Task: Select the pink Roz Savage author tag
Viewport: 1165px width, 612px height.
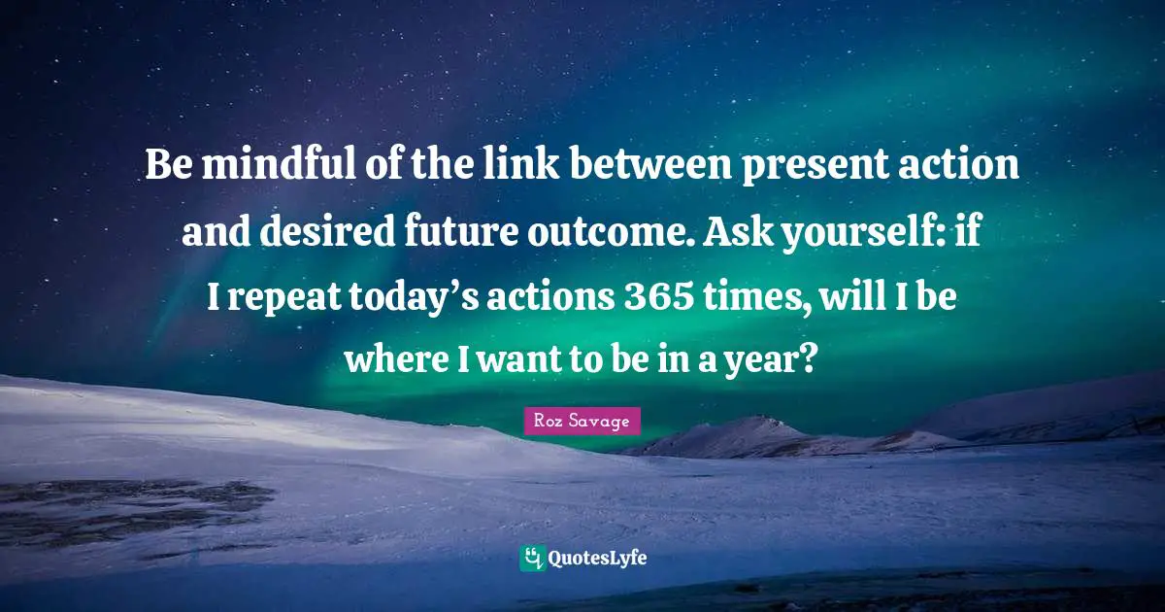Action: pyautogui.click(x=582, y=422)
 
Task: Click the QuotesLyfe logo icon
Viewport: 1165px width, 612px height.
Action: pyautogui.click(x=532, y=559)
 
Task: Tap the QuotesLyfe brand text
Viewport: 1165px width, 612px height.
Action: pyautogui.click(x=598, y=559)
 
